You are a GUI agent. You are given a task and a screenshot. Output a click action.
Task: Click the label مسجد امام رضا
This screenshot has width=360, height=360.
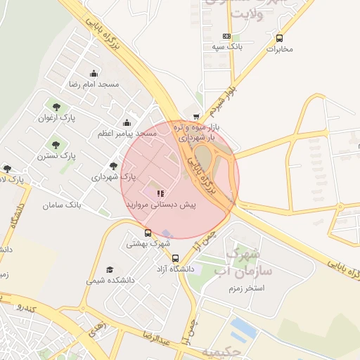point(94,84)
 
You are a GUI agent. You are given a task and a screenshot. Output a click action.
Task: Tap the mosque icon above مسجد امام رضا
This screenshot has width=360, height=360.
point(94,74)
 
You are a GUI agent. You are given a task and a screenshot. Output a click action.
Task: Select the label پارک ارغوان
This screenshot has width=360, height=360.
point(56,117)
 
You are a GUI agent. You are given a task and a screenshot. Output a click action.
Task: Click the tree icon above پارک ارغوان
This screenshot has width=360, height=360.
point(56,107)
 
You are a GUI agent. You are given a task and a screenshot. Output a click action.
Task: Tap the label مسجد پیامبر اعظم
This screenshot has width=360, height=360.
point(127,133)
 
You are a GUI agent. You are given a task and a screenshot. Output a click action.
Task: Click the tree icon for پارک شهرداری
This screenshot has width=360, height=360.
point(113,167)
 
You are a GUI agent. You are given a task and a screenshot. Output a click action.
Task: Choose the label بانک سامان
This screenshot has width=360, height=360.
point(62,205)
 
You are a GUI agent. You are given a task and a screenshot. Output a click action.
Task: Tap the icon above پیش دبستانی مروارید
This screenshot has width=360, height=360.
point(160,193)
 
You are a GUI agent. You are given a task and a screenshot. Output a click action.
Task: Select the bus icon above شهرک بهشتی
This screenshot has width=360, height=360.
point(148,233)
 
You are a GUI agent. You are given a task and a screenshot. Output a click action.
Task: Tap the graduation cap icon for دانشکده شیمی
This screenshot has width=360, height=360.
point(109,269)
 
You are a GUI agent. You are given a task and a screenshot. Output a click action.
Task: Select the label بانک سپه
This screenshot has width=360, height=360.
point(226,46)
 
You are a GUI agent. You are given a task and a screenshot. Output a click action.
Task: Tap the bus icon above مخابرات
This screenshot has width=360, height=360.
point(280,39)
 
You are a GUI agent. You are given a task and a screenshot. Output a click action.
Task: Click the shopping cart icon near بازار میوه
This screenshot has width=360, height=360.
point(196,116)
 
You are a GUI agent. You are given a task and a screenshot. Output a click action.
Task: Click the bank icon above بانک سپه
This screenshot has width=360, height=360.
point(226,36)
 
